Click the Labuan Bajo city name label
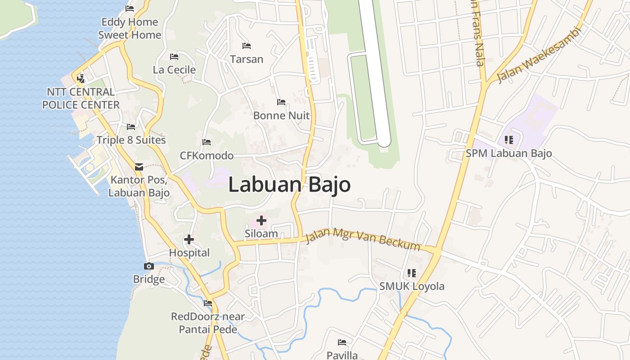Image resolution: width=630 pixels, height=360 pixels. point(289,185)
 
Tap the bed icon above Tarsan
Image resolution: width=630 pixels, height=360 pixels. point(247,46)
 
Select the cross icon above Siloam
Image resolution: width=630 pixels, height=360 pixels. point(261,220)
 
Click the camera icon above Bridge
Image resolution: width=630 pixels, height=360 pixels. point(148,266)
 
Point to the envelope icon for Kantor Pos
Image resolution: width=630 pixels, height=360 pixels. point(139,166)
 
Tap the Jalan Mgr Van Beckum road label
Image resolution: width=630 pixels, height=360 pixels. point(363,240)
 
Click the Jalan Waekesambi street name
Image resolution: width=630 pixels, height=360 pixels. point(539,55)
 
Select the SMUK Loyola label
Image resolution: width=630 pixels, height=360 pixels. point(412,286)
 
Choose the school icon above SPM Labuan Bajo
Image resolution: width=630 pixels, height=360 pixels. point(508,140)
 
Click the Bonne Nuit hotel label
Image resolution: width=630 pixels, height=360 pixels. point(281,116)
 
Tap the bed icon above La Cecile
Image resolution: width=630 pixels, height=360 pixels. point(174,57)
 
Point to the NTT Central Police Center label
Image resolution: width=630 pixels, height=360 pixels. point(81,99)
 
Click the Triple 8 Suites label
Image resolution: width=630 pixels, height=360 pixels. point(131,140)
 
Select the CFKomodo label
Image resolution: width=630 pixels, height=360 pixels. point(207,156)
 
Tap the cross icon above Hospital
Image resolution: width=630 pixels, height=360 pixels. point(189,239)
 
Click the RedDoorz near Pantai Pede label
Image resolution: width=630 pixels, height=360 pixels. point(208,323)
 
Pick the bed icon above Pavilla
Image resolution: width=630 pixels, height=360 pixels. point(342,342)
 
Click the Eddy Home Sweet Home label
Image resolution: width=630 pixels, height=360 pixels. point(130,28)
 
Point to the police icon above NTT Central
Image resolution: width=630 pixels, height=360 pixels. point(81,79)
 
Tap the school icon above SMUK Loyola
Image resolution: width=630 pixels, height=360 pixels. point(411,273)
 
